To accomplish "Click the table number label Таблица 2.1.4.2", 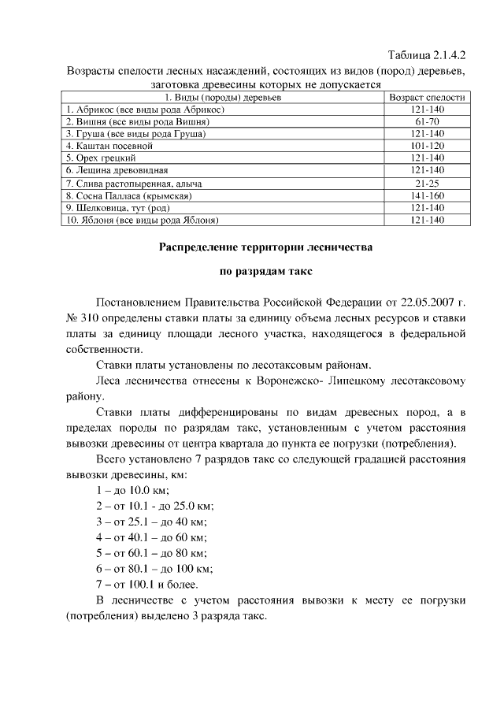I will (428, 56).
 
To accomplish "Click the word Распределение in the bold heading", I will (207, 247).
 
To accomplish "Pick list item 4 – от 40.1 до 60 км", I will (150, 537).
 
